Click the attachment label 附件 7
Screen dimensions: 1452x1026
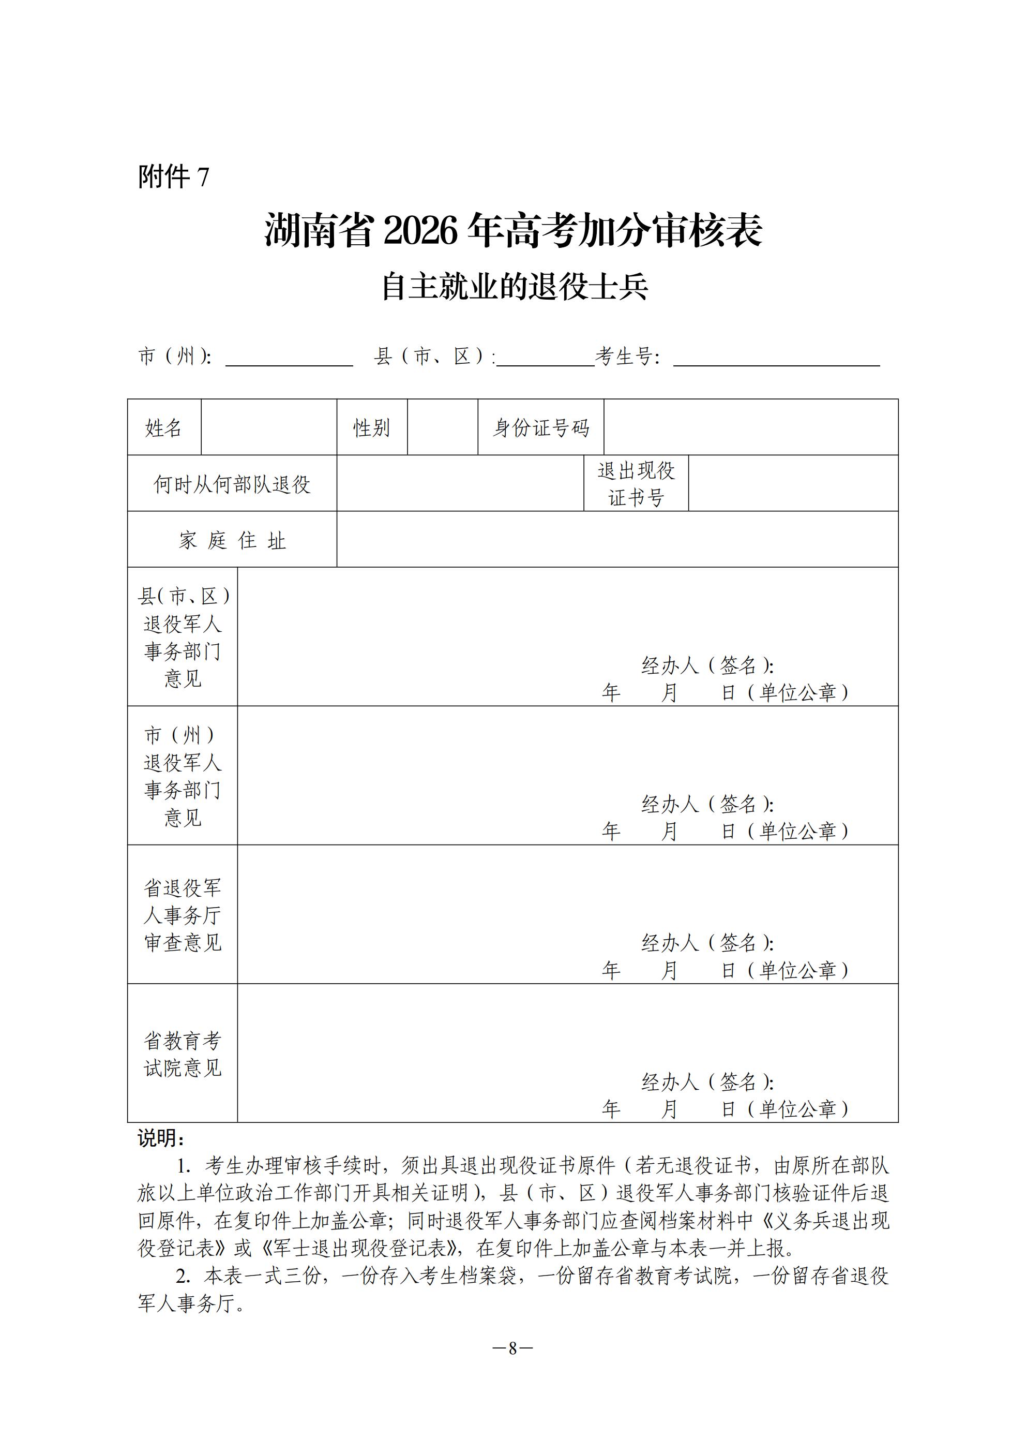coord(173,177)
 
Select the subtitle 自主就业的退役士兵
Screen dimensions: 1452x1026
coord(515,288)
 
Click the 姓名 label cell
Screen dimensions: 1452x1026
coord(164,428)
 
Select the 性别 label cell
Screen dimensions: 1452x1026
coord(371,428)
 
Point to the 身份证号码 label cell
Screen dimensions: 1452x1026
coord(540,428)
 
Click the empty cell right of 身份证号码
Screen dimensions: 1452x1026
coord(750,427)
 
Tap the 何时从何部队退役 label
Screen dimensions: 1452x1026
coord(232,484)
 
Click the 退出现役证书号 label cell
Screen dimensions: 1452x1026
coord(636,484)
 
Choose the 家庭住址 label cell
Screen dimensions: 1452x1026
coord(232,541)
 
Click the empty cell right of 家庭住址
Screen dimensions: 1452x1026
coord(617,540)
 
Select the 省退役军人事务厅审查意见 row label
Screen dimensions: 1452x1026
coord(182,915)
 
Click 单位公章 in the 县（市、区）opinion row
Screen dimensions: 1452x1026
coord(798,692)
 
